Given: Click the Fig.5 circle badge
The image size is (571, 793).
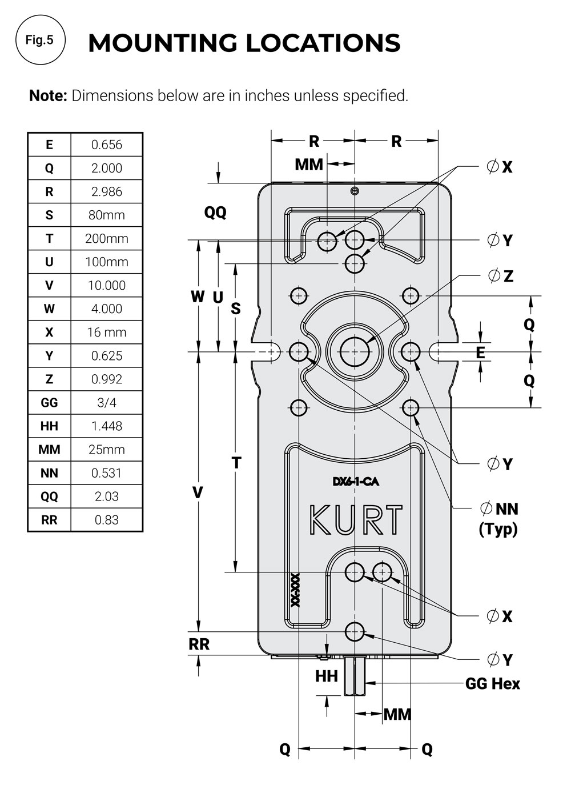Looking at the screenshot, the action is tap(41, 39).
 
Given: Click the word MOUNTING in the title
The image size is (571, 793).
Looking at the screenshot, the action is tap(163, 43).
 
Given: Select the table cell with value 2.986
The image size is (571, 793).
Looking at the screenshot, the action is tap(106, 191).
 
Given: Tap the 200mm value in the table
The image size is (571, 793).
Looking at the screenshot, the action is tap(106, 239).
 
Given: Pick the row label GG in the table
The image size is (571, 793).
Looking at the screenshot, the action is tap(49, 403).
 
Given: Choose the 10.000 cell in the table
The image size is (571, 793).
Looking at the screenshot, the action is tap(106, 285).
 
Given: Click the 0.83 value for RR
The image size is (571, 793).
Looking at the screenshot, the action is tap(106, 520).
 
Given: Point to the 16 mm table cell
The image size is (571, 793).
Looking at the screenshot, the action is tap(106, 332).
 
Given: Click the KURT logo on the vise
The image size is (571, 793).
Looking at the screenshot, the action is tap(356, 520).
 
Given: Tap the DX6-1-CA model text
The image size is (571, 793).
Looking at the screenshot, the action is tap(356, 482).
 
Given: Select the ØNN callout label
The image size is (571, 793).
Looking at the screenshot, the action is tap(499, 508).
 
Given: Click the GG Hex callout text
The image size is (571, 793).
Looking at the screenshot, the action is tap(492, 684).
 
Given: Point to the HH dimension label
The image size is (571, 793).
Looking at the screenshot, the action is tap(326, 676).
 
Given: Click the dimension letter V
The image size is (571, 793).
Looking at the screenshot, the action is tap(198, 492).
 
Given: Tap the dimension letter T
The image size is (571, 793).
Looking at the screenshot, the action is tap(236, 463).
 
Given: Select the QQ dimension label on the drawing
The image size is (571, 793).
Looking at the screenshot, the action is tap(215, 213).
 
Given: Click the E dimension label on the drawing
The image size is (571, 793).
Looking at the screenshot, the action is tap(480, 353).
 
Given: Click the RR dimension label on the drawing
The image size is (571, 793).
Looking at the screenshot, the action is tap(199, 644).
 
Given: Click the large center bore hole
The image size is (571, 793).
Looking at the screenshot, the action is tap(355, 352).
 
